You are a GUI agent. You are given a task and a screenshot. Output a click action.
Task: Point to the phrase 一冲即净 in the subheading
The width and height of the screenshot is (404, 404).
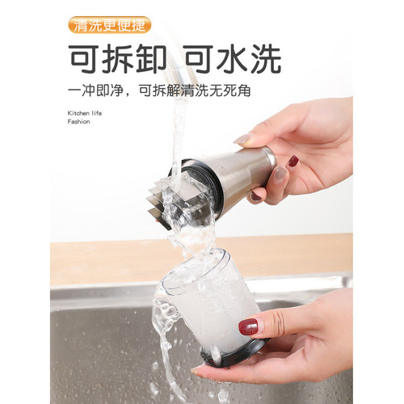click(96, 91)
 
